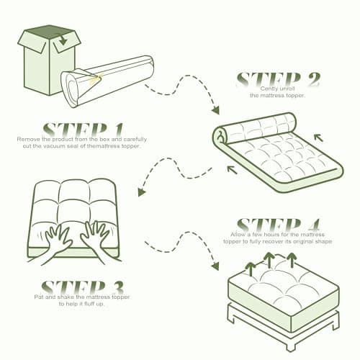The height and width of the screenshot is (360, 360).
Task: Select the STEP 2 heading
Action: click(x=279, y=78)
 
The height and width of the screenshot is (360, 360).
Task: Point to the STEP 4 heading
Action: click(x=279, y=223)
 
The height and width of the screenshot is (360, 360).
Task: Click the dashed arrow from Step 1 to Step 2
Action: click(x=183, y=96)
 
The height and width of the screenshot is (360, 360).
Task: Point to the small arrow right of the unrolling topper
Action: click(x=318, y=136)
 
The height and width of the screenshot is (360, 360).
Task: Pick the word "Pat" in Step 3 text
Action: click(x=39, y=297)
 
